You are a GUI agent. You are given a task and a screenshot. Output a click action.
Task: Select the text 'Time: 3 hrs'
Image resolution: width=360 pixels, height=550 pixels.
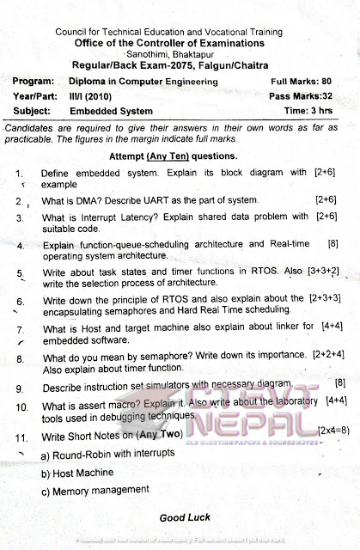point(308,111)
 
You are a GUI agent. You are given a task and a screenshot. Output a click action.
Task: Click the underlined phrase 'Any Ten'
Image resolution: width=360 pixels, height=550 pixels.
point(168,156)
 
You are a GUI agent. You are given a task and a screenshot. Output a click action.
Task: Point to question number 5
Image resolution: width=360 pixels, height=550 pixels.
point(20,274)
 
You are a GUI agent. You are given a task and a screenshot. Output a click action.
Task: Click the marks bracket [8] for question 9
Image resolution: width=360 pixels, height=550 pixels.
point(339,382)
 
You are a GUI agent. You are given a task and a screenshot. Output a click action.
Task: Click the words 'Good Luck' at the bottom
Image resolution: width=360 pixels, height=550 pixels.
point(185,517)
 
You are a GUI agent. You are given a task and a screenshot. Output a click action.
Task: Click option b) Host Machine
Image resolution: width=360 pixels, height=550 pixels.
point(77,473)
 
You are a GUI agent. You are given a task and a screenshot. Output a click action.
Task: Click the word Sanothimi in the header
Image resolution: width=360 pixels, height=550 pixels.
point(146,52)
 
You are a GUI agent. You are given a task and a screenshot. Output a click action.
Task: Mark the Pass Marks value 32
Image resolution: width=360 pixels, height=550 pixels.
point(331,96)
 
